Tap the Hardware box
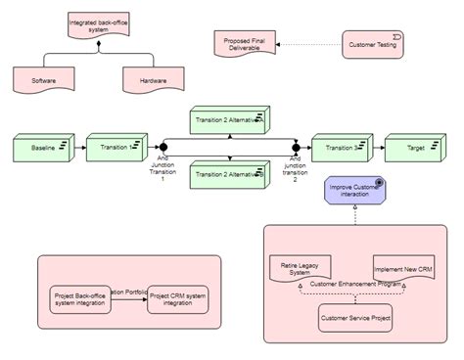(152, 79)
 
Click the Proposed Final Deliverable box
(243, 44)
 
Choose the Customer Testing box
(371, 45)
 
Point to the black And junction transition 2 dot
(295, 148)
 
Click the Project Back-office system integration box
(81, 298)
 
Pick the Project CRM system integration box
(178, 298)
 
